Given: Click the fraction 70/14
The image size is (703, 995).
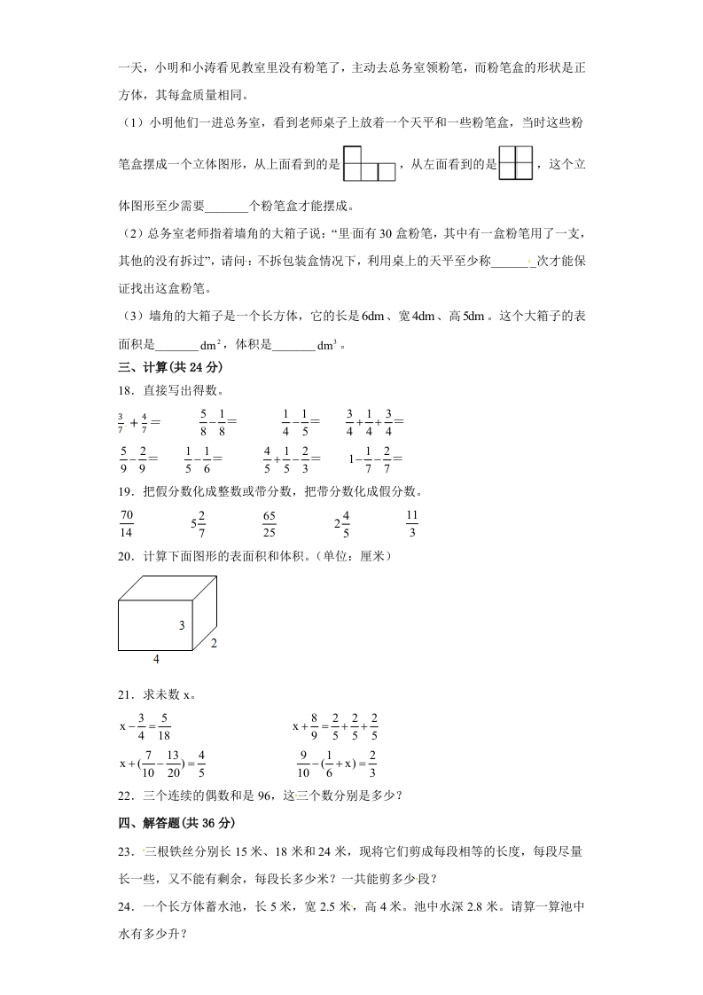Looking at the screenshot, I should click(125, 523).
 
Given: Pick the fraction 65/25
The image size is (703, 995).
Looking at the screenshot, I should click(269, 523).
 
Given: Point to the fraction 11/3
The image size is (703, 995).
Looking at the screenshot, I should click(411, 523).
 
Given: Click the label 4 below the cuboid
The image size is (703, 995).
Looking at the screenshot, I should click(156, 659).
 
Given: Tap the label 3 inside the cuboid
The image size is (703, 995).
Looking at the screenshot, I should click(181, 626).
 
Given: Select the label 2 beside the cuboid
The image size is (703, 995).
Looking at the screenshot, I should click(214, 644).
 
